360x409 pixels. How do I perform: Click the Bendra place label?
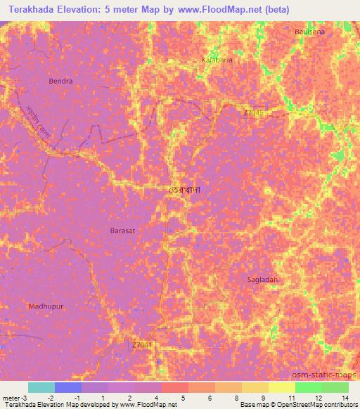60,82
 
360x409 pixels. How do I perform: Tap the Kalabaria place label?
217,60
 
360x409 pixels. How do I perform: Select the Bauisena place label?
310,32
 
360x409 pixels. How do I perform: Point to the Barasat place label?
124,230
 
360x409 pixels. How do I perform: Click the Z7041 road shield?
141,345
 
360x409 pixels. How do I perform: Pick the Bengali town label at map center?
184,190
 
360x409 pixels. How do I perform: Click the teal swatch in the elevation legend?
41,387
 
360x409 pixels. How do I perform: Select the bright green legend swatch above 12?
308,387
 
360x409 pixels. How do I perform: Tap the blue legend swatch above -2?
68,387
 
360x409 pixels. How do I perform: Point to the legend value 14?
345,397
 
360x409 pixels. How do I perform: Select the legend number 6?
210,397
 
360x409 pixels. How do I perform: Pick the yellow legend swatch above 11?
281,387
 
